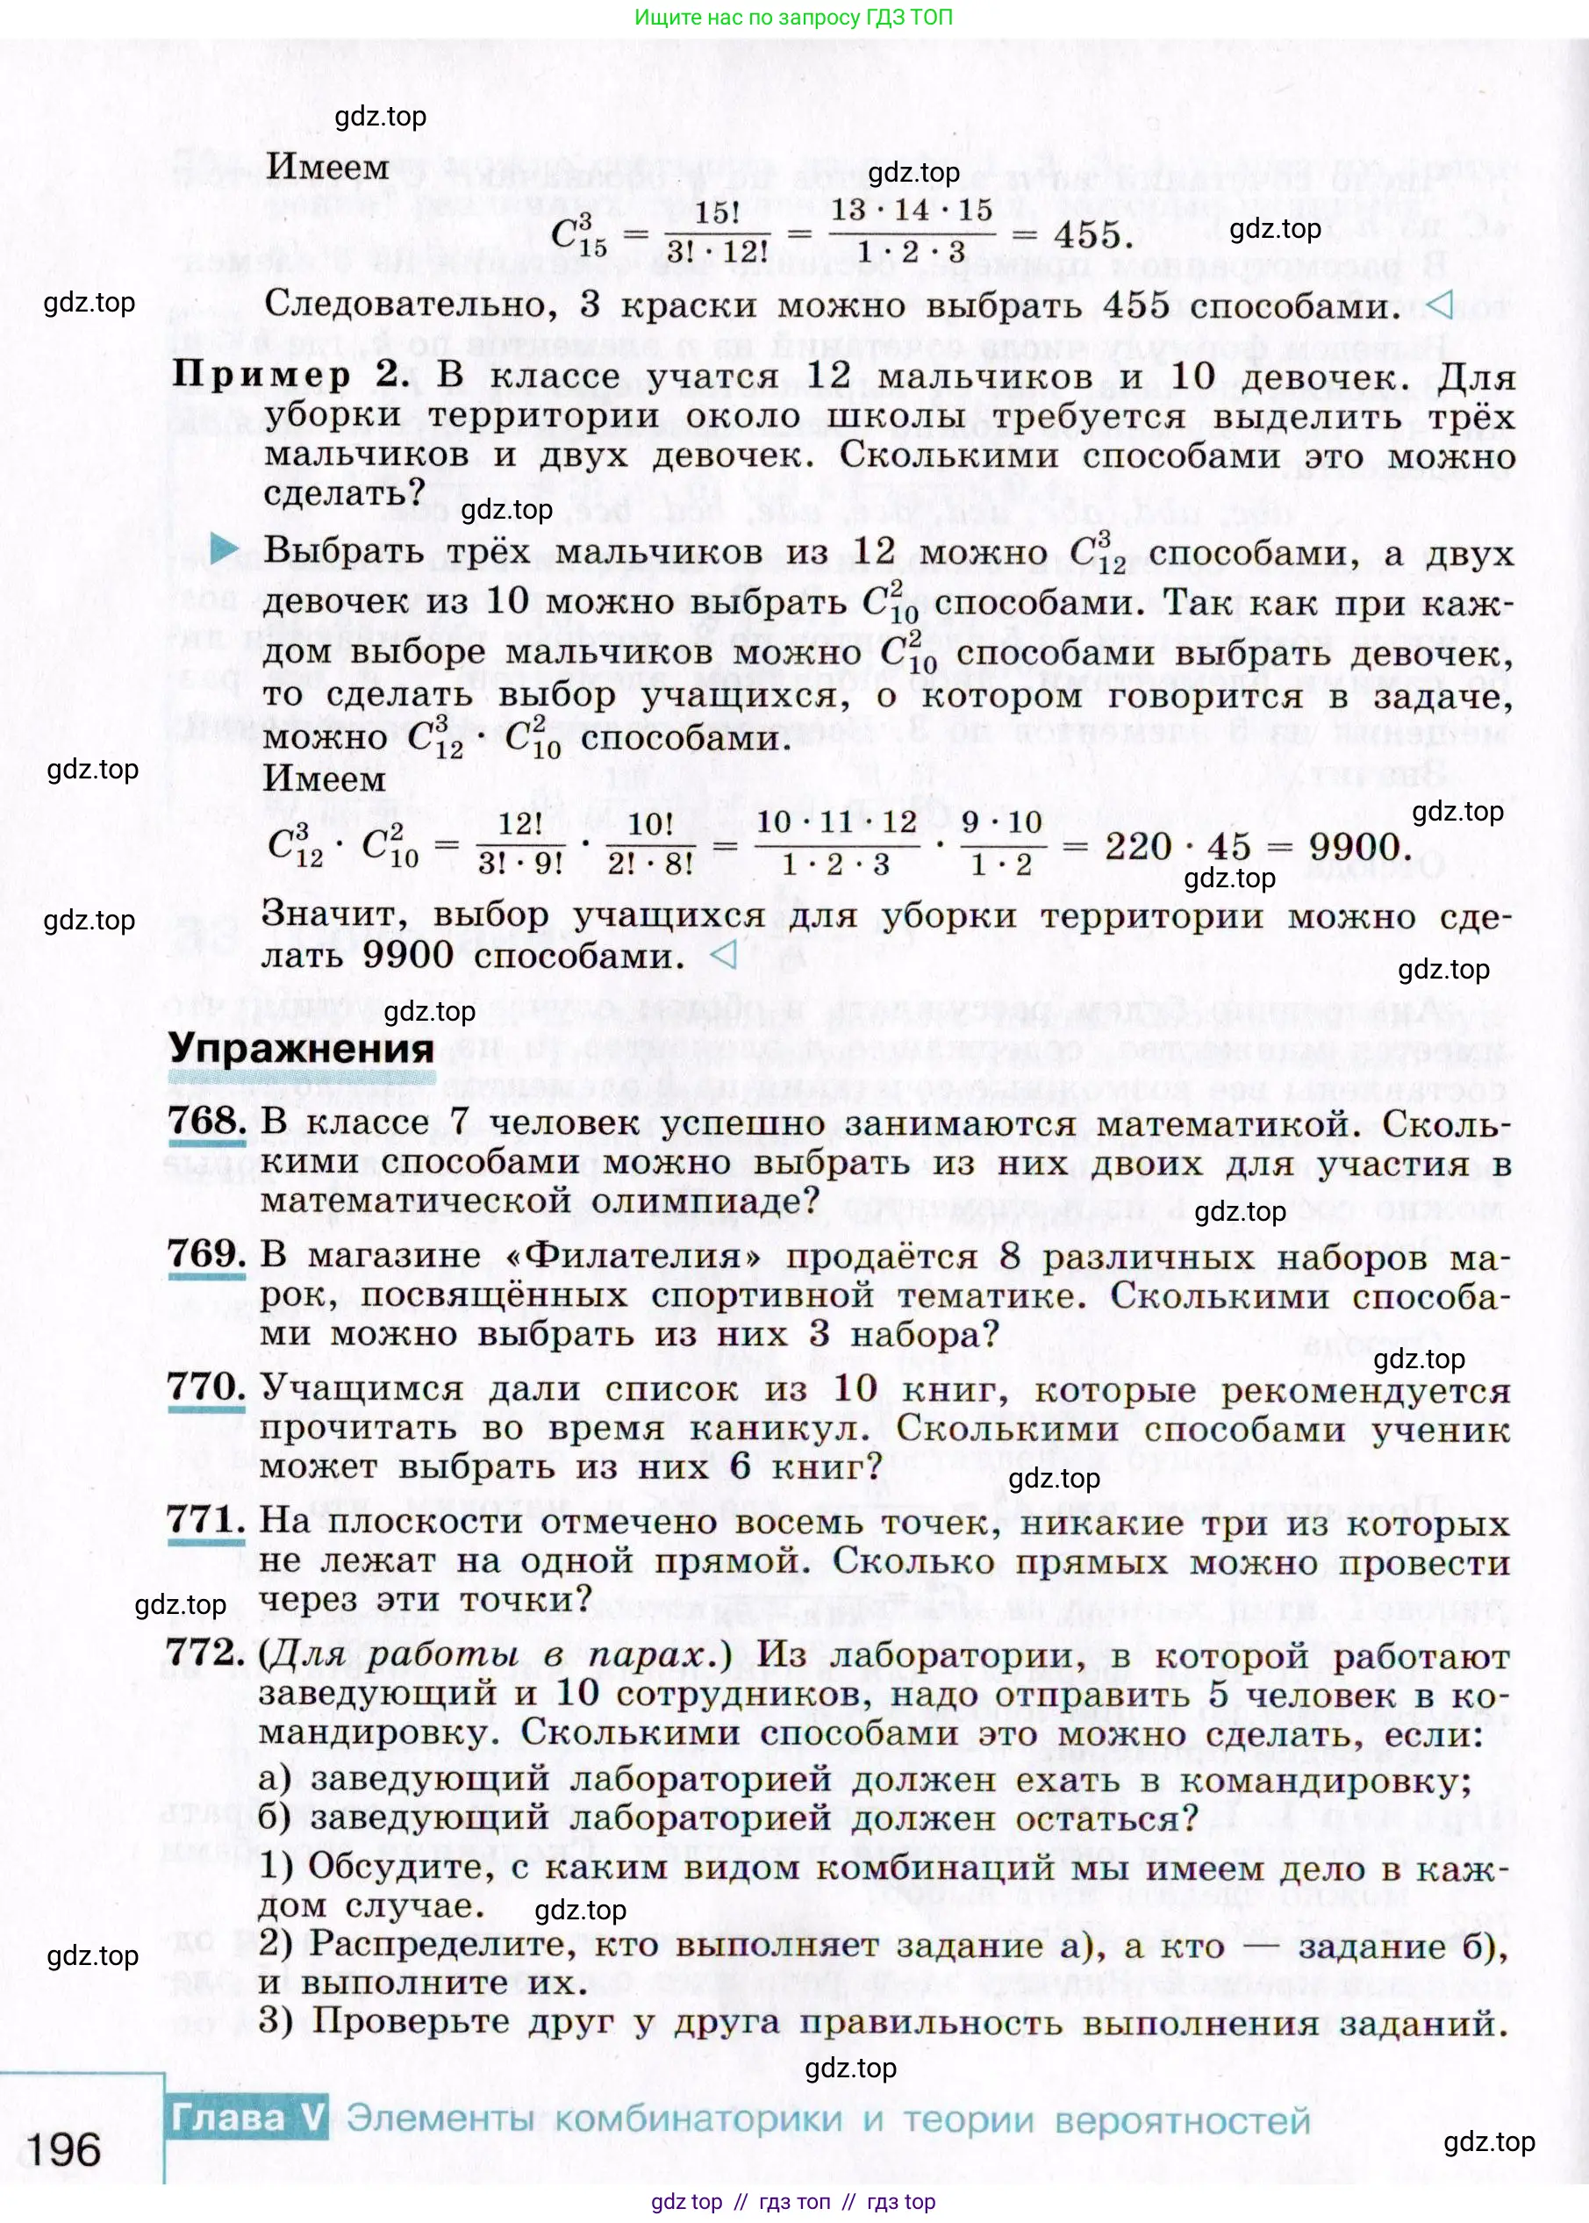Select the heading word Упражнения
coord(300,1048)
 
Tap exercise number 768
coord(206,1122)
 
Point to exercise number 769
coord(205,1254)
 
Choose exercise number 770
coord(205,1388)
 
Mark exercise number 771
coord(205,1519)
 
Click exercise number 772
coord(205,1653)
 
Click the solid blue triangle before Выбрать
coord(225,549)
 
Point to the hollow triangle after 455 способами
coord(1439,305)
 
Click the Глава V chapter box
coord(247,2118)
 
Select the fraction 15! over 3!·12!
coord(716,233)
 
